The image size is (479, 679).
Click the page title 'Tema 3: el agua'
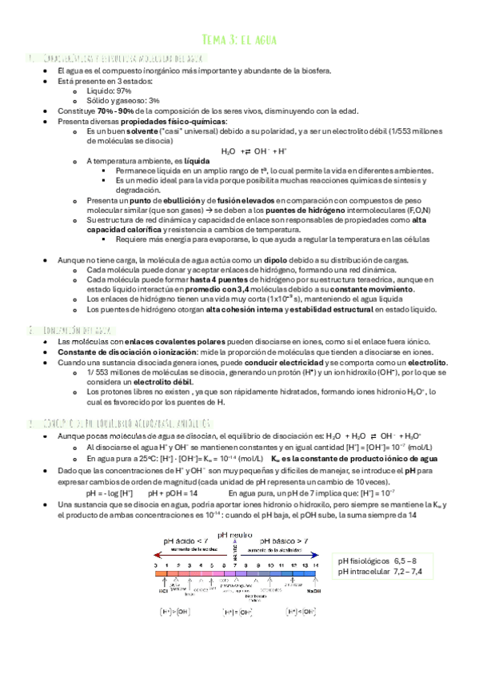pos(239,39)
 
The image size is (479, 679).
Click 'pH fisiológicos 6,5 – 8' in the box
pos(377,539)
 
